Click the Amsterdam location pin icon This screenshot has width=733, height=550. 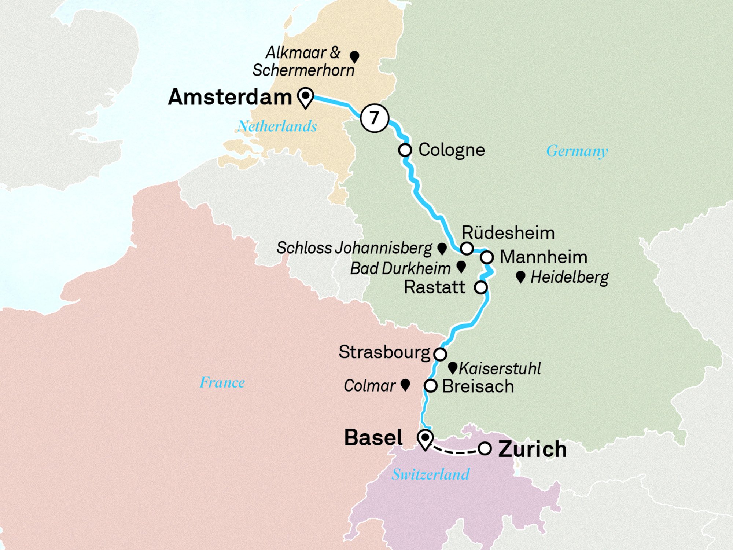pyautogui.click(x=305, y=97)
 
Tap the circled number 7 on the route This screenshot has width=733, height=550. pyautogui.click(x=374, y=118)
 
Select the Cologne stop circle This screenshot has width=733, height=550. pyautogui.click(x=405, y=150)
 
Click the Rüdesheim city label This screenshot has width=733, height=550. pyautogui.click(x=508, y=233)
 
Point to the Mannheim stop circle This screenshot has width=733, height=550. pyautogui.click(x=487, y=257)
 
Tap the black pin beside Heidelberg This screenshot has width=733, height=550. pyautogui.click(x=520, y=277)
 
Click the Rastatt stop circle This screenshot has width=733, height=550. pyautogui.click(x=481, y=287)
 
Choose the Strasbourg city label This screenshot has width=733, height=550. pyautogui.click(x=384, y=352)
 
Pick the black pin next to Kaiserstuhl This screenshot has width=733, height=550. pyautogui.click(x=453, y=367)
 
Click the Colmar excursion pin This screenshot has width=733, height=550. pyautogui.click(x=405, y=385)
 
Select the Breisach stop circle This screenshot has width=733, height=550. pyautogui.click(x=431, y=386)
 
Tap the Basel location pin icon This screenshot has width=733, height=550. pyautogui.click(x=425, y=439)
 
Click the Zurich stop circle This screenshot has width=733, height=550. pyautogui.click(x=485, y=448)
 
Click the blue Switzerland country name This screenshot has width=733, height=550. pyautogui.click(x=431, y=474)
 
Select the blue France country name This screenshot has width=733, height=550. pyautogui.click(x=222, y=382)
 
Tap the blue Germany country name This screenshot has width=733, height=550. pyautogui.click(x=577, y=151)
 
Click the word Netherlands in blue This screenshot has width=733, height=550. pyautogui.click(x=277, y=126)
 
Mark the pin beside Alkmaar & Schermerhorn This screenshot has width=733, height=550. pyautogui.click(x=354, y=57)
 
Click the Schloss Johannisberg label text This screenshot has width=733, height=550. pyautogui.click(x=354, y=248)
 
